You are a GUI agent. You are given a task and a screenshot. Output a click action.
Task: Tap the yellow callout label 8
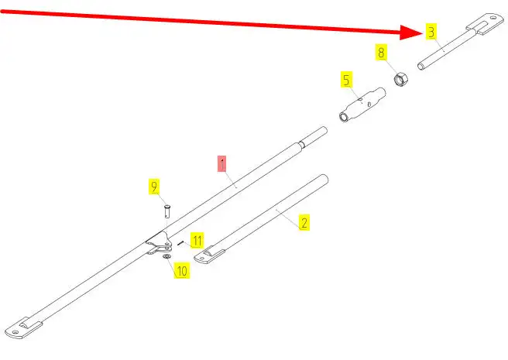coord(381,53)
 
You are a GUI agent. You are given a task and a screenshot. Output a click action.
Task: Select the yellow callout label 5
coord(346,79)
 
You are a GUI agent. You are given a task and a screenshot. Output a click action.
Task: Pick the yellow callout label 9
coord(154,187)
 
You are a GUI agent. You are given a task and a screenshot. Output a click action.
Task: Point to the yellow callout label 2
coord(304,223)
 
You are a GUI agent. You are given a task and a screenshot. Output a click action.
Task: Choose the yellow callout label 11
coord(197,240)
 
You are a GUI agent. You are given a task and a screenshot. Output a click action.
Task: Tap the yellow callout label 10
coord(182,271)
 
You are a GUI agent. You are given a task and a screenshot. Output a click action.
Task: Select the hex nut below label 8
coord(402,79)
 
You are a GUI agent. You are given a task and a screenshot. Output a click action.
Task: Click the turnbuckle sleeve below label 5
coord(361,106)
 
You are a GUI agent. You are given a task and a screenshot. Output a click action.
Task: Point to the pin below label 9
coord(167,210)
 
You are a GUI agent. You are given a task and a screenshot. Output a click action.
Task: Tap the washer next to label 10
coord(166,257)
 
